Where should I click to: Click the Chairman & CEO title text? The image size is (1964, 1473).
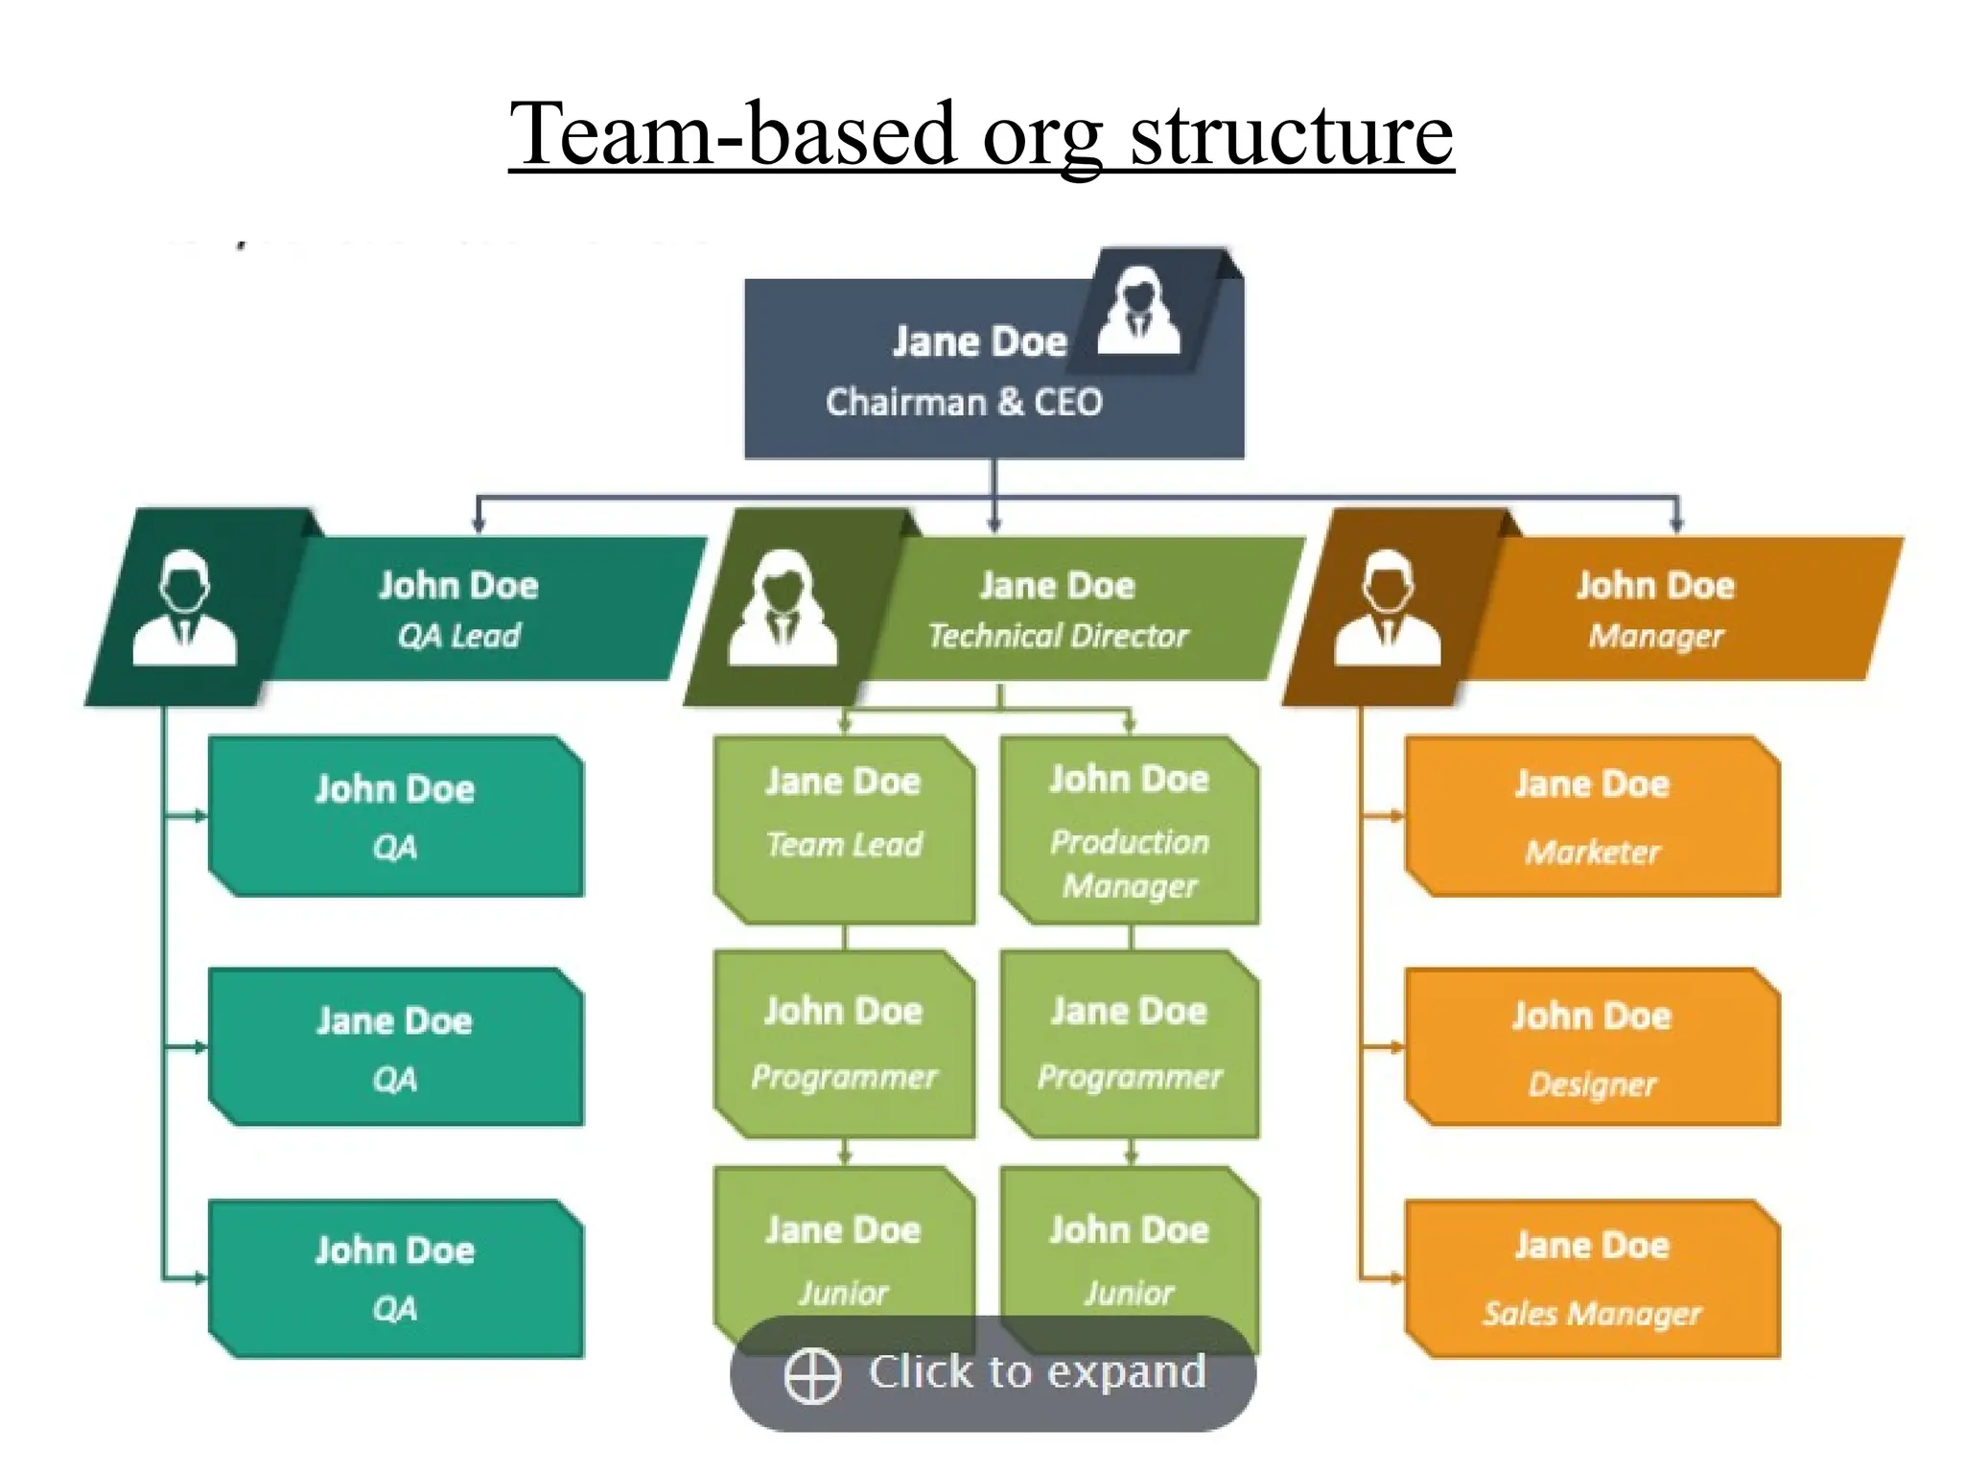[964, 402]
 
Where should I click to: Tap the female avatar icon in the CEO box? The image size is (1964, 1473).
[1138, 312]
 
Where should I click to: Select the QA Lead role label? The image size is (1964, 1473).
[458, 636]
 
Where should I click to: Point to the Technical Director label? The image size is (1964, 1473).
[1058, 636]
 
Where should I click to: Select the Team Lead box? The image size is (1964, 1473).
[844, 830]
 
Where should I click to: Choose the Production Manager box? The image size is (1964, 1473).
[1129, 830]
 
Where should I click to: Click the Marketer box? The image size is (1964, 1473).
[1592, 817]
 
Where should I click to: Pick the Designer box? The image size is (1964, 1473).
[1592, 1047]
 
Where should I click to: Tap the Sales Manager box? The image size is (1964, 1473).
[1592, 1278]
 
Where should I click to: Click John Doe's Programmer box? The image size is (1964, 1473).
[844, 1043]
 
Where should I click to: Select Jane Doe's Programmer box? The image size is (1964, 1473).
[1129, 1043]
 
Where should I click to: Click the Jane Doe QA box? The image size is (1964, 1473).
[395, 1047]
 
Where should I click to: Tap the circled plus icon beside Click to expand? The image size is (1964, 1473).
[812, 1375]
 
